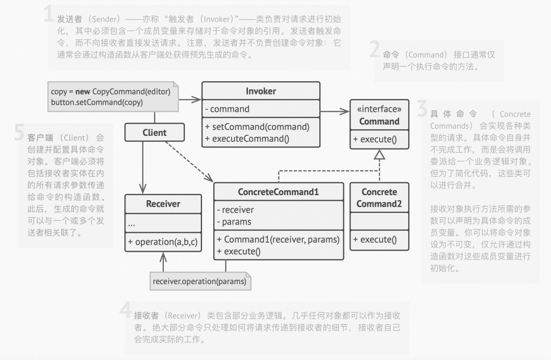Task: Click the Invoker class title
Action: coord(261,91)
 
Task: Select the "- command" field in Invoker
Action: coord(228,109)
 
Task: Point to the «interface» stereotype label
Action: coord(379,109)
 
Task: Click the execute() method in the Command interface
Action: coord(379,139)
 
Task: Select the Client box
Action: coord(155,133)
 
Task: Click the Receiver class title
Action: coord(163,204)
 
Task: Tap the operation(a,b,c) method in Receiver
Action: coord(163,242)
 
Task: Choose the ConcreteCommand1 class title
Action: coord(278,192)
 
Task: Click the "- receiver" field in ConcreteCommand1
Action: coord(235,210)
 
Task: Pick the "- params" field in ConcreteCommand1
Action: coord(234,222)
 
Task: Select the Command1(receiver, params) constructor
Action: coord(278,239)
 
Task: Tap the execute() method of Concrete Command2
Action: coord(379,239)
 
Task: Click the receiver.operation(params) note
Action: coord(199,281)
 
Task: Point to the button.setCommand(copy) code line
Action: coord(97,102)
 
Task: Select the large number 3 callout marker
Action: coord(422,109)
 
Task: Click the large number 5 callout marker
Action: coord(19,134)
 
